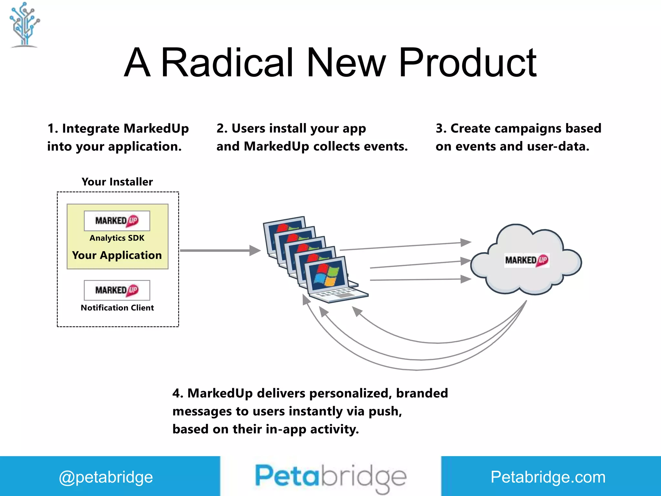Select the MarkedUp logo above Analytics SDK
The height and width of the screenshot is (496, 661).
point(117,221)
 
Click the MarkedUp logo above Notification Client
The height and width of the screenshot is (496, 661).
point(117,290)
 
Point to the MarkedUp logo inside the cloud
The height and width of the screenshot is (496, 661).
point(527,260)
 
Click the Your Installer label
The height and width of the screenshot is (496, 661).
point(117,182)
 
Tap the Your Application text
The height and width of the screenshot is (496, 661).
point(117,255)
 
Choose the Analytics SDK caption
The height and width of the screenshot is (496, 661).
point(117,238)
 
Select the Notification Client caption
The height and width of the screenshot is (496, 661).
point(117,308)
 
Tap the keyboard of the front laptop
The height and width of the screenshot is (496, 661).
point(337,294)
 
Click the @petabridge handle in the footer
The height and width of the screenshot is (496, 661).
point(106,477)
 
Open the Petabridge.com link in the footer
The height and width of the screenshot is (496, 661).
point(548,477)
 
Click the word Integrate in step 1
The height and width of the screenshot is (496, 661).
point(91,129)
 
